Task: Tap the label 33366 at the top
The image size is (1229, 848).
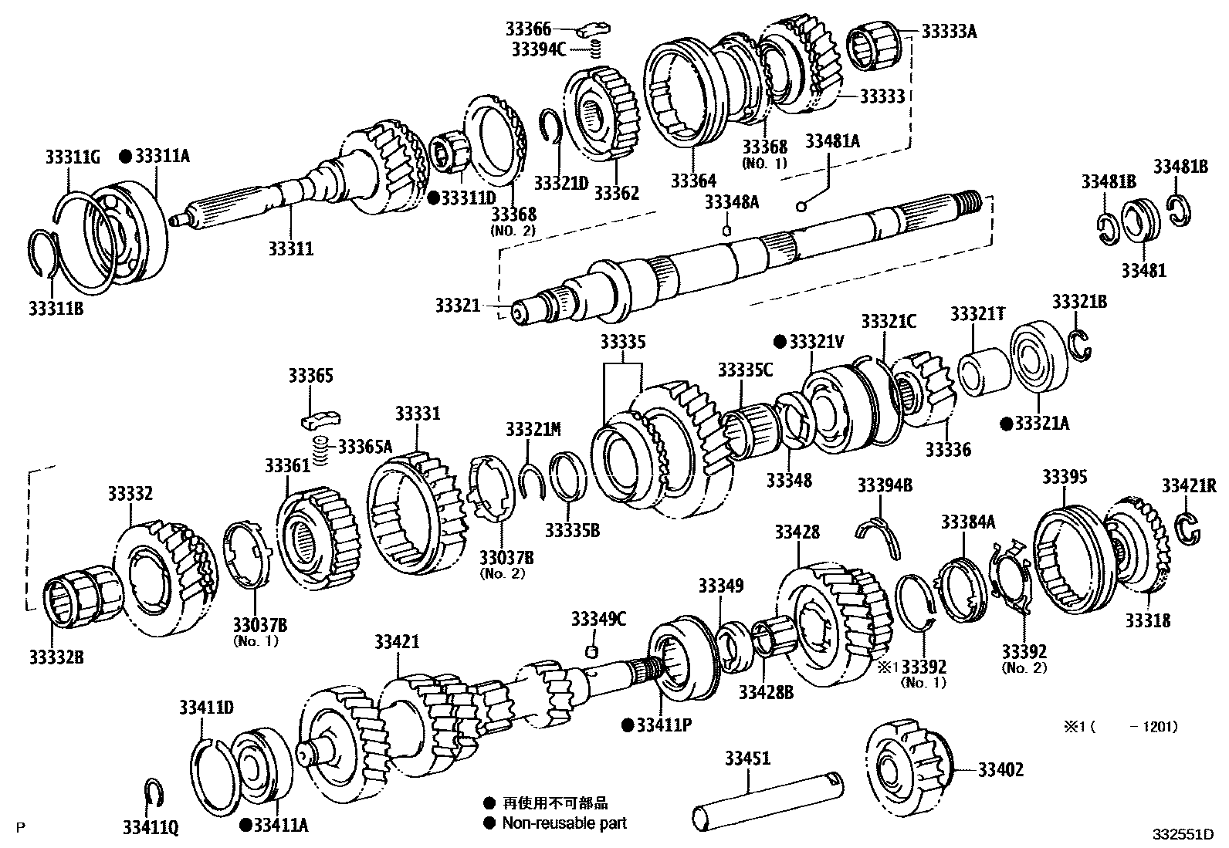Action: click(529, 30)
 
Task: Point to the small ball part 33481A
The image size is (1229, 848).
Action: click(801, 206)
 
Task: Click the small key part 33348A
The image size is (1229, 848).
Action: click(726, 229)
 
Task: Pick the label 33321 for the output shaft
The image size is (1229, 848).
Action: click(458, 306)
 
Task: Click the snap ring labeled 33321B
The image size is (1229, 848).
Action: click(1081, 344)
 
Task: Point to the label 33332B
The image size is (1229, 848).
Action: click(56, 657)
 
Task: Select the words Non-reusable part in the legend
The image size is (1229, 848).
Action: click(564, 823)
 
